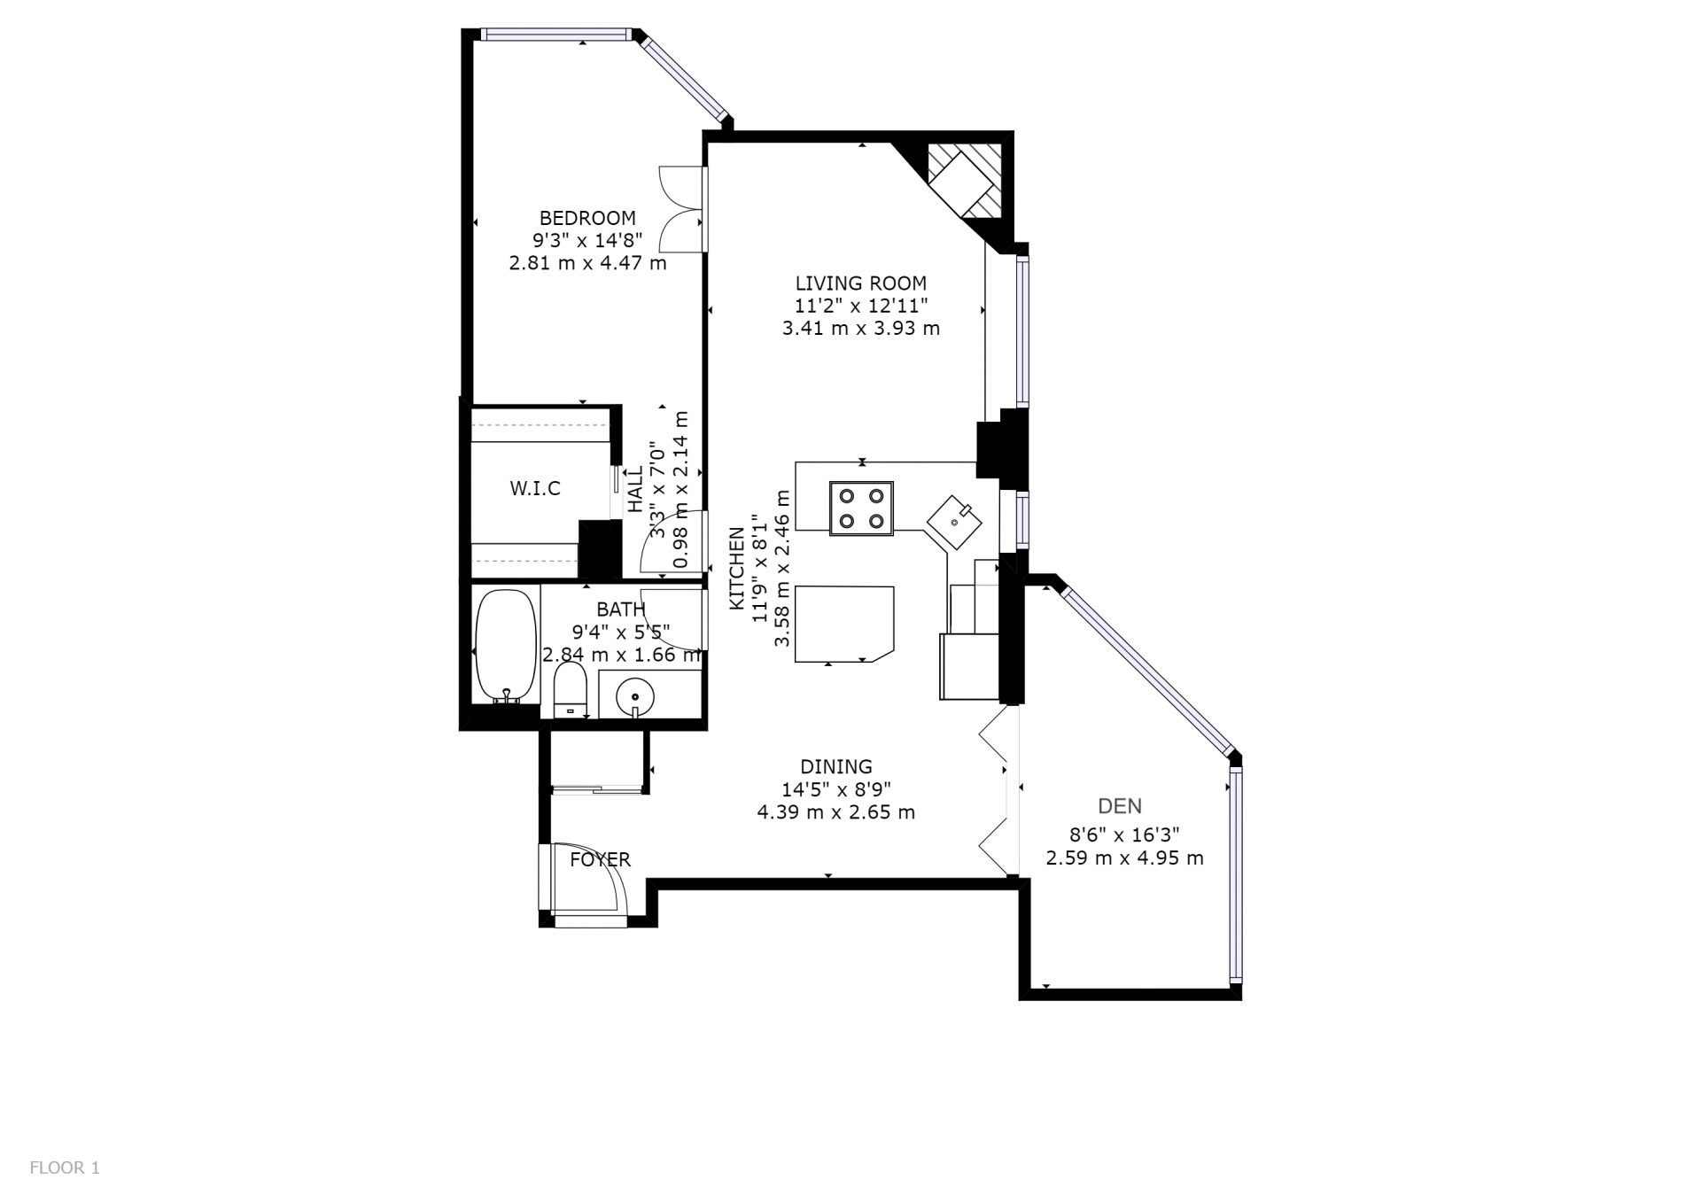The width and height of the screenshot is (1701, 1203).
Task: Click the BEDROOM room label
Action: tap(587, 218)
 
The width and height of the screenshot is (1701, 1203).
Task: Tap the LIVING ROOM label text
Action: tap(861, 283)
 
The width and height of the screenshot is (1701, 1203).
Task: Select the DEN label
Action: tap(1120, 806)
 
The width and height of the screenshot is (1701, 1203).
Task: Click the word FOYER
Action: tap(600, 859)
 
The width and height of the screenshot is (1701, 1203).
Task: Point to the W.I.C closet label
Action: tap(535, 488)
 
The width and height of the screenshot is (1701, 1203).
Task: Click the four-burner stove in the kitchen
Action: tap(861, 508)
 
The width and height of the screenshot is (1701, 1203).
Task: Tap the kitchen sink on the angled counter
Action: tap(954, 522)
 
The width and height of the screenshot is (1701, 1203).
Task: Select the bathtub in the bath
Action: tap(506, 647)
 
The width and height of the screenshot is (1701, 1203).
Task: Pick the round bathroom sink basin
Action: tap(635, 695)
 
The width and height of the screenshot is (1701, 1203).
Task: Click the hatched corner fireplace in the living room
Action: tap(964, 182)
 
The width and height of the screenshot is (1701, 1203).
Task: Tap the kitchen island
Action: tap(844, 624)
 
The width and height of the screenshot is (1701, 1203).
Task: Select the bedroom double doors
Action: tap(683, 209)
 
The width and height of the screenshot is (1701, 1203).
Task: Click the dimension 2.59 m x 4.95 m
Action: tap(1124, 858)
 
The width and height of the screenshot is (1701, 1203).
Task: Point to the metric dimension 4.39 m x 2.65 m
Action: tap(836, 811)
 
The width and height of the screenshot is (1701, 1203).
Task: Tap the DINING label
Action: tap(836, 766)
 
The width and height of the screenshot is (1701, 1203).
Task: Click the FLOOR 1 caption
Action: tap(65, 1168)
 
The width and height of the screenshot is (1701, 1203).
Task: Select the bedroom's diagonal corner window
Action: tap(685, 77)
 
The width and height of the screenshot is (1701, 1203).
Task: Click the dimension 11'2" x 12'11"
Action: tap(861, 306)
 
